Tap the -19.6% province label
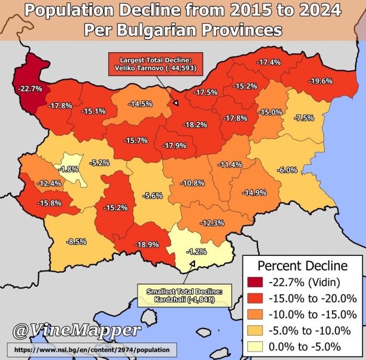pos(320,81)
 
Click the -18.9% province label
pos(147,244)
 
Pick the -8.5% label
pos(76,241)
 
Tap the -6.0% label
pos(287,170)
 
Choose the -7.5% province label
pos(304,118)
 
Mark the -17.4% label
pos(268,62)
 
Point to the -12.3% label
pos(212,223)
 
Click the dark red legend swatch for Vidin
pos(256,283)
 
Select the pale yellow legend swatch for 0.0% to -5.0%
pos(256,346)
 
